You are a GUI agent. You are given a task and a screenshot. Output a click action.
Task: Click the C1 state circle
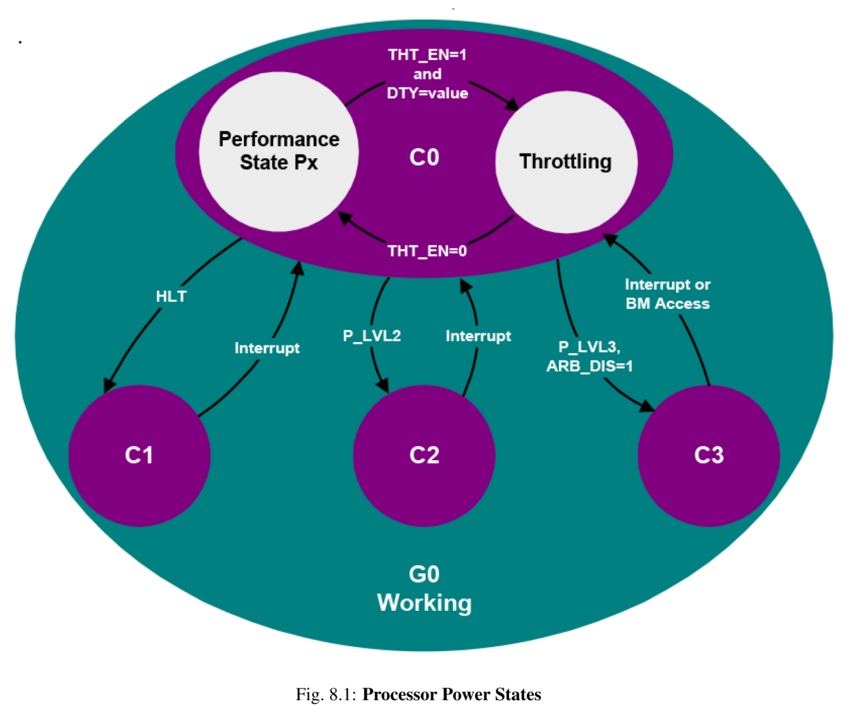tap(139, 455)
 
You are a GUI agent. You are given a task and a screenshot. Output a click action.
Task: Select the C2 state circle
tap(424, 455)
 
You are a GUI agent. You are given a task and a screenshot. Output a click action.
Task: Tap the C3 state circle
tap(709, 455)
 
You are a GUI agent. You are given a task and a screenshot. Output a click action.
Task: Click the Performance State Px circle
tap(279, 151)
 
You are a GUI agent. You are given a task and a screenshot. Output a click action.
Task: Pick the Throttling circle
tap(566, 162)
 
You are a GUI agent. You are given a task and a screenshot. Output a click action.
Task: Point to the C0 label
tap(424, 157)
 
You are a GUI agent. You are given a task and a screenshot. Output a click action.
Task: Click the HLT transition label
tap(170, 297)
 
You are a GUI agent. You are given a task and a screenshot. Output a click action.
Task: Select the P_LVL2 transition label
tap(371, 336)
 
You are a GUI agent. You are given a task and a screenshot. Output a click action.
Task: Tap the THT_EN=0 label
tap(427, 252)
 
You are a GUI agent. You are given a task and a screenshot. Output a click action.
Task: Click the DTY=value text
tap(427, 93)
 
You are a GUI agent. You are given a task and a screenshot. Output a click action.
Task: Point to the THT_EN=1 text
tap(427, 55)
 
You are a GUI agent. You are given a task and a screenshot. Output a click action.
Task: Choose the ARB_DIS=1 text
tap(589, 367)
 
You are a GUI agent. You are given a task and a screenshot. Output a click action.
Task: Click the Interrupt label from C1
tap(267, 348)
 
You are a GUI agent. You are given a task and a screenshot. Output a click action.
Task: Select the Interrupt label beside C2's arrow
tap(478, 336)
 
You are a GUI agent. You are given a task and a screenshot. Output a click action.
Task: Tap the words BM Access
tap(668, 304)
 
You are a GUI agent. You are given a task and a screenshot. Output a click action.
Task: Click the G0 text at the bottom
tap(424, 575)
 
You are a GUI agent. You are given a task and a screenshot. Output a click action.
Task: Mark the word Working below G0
tap(424, 603)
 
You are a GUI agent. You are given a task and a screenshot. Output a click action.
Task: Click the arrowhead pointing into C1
tap(109, 385)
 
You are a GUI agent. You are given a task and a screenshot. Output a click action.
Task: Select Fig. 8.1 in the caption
tap(326, 695)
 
